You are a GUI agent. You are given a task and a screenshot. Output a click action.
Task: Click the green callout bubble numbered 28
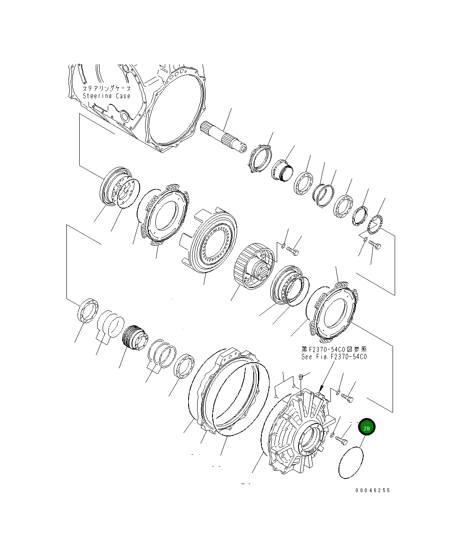(x=367, y=428)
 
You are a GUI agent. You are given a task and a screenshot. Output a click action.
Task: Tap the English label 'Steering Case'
(x=106, y=96)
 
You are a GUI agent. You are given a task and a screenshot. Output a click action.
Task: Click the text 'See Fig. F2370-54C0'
(x=333, y=357)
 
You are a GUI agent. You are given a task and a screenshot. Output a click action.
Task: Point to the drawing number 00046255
(x=373, y=490)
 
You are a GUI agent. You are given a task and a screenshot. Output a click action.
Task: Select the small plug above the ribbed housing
(x=301, y=376)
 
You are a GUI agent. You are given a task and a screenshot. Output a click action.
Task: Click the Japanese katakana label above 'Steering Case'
(x=106, y=88)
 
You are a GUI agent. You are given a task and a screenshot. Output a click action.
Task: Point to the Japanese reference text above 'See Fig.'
(x=333, y=349)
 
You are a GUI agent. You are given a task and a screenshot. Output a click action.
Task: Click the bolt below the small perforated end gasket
(x=374, y=245)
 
